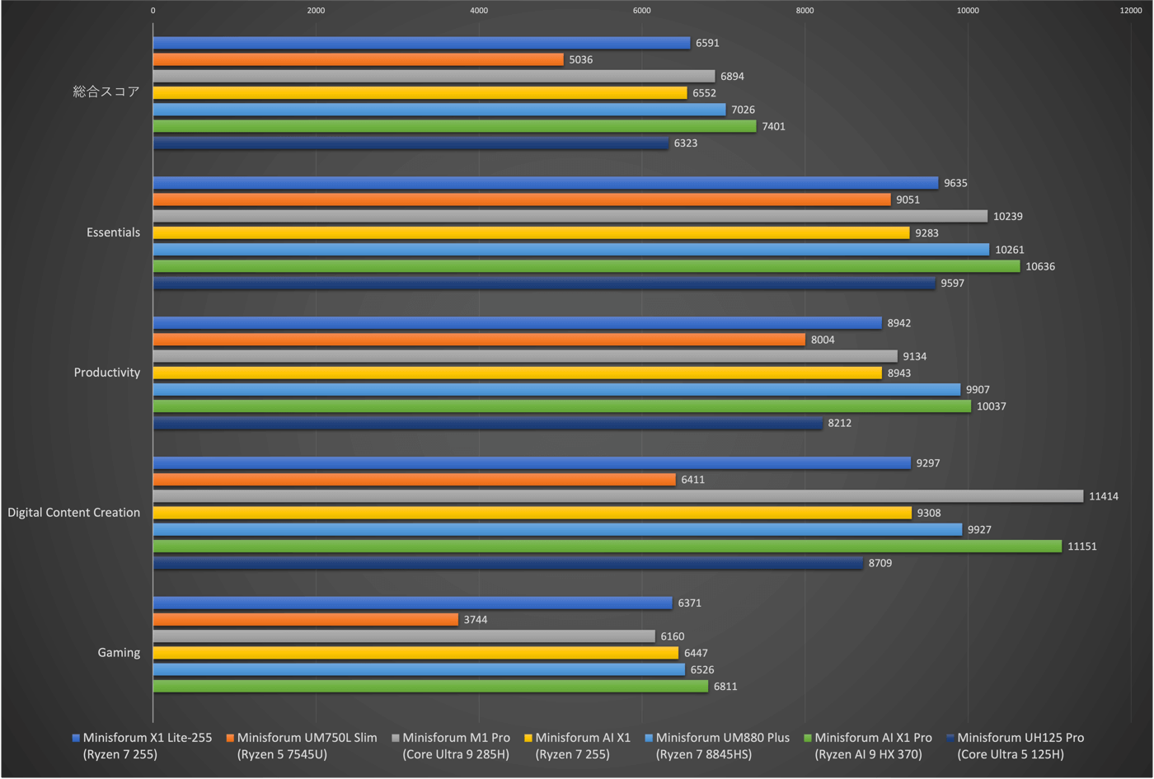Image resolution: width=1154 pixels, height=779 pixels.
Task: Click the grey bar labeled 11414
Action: [x=618, y=496]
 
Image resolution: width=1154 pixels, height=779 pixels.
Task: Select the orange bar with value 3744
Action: [x=305, y=619]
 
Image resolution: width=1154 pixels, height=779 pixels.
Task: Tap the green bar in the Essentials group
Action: [x=586, y=266]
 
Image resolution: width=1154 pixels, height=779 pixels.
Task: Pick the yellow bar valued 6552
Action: [x=420, y=92]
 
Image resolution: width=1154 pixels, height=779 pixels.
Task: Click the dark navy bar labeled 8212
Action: [x=487, y=423]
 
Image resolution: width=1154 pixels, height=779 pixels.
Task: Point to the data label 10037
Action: [x=991, y=406]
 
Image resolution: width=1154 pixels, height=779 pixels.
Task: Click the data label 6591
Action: [x=707, y=43]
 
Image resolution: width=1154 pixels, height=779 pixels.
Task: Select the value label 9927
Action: [x=979, y=529]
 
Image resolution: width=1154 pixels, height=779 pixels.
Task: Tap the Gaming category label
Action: [x=119, y=653]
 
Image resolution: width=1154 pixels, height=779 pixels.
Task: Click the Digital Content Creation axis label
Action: [x=74, y=513]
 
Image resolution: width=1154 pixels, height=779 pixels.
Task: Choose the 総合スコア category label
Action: [x=106, y=92]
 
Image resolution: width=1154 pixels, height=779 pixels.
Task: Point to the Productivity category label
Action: [x=107, y=373]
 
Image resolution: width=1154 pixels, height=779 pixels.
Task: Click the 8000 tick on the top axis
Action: [x=805, y=11]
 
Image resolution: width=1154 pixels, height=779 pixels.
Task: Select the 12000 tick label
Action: [x=1130, y=11]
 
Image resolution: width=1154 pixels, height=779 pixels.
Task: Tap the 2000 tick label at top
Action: [x=316, y=11]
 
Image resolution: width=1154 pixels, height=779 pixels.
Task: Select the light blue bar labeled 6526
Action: [x=419, y=669]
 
